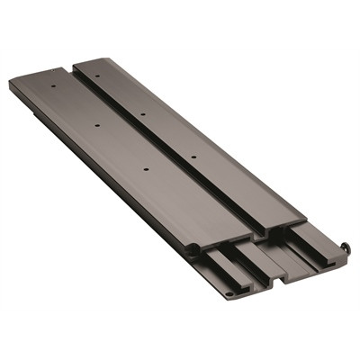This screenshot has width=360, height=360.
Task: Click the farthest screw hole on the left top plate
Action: (x=53, y=87)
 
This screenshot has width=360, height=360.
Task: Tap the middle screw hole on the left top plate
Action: (x=97, y=125)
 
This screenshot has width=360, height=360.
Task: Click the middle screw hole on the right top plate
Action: (x=143, y=115)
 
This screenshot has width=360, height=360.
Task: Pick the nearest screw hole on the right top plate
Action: (x=193, y=157)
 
